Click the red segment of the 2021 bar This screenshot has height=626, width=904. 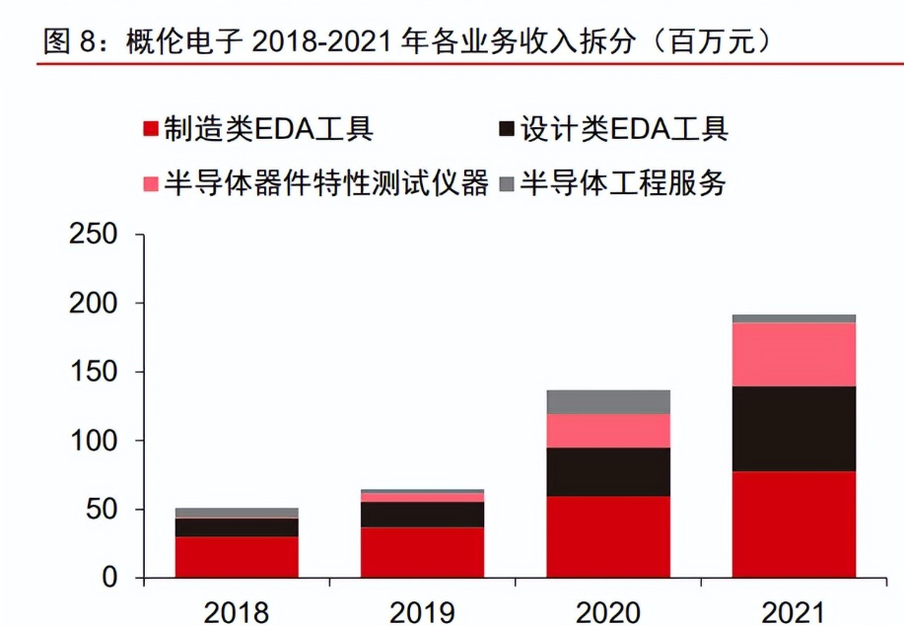794,524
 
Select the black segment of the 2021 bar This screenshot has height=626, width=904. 794,429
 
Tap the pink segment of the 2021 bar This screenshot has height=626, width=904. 794,354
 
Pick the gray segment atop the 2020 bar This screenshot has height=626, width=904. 608,401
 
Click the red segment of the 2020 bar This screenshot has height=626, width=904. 608,536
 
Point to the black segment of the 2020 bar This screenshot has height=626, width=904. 608,471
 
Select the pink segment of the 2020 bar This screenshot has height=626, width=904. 608,431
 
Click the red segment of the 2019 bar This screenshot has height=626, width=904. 422,552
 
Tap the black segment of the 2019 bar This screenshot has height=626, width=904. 422,515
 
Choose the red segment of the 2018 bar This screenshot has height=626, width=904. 237,557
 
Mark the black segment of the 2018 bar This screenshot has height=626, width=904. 237,527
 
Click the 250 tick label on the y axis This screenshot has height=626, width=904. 95,236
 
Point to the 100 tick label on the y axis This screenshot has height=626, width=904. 95,441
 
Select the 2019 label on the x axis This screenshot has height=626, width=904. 422,612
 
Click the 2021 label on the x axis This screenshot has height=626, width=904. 794,612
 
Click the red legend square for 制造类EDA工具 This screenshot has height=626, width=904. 151,130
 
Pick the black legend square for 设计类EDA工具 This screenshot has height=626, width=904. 507,130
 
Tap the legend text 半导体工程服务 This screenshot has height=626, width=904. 623,183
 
